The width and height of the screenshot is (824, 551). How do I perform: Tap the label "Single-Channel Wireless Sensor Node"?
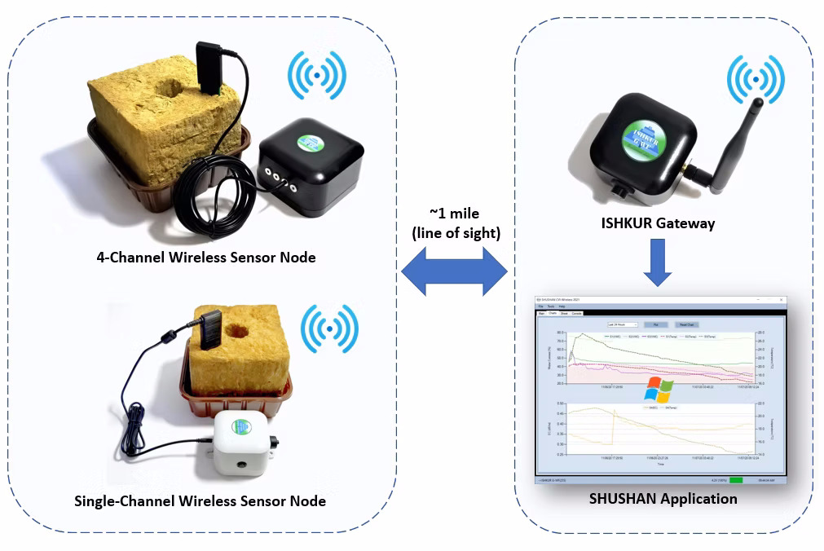(200, 500)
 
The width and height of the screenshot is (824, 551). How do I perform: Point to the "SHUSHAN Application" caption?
(663, 498)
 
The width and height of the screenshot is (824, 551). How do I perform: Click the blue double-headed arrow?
(454, 271)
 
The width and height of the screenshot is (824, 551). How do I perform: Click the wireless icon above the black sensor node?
(316, 77)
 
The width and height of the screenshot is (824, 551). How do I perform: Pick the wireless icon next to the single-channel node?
(328, 328)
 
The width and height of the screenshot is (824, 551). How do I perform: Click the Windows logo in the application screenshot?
(657, 389)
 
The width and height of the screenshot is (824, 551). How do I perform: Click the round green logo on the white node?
(241, 426)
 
